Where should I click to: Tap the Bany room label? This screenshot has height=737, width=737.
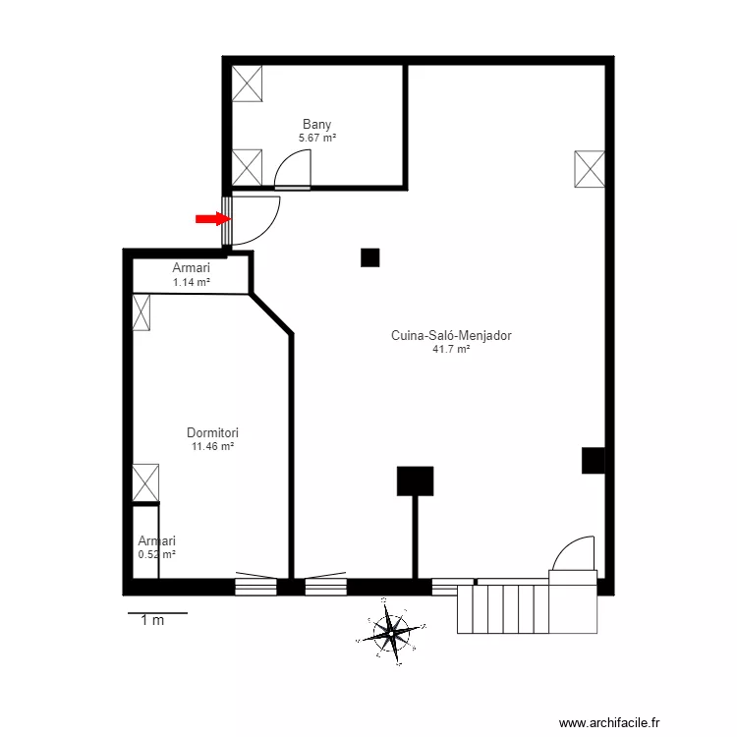[x=316, y=124]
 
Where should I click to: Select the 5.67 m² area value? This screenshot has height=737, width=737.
[x=317, y=139]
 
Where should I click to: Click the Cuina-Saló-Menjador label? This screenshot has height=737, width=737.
[x=451, y=335]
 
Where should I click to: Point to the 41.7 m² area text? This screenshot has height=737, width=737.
[x=451, y=349]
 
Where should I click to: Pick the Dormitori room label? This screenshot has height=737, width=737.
[x=213, y=432]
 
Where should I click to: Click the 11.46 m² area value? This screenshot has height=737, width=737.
[x=213, y=446]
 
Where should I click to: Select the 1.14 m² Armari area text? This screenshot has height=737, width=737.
[x=192, y=282]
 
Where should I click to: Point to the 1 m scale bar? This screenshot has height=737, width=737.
[x=157, y=613]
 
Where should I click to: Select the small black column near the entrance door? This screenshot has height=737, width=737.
[x=369, y=257]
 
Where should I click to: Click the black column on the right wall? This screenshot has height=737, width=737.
[x=593, y=460]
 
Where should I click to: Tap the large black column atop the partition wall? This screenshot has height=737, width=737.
[x=415, y=481]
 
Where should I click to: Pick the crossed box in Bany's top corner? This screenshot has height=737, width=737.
[x=248, y=83]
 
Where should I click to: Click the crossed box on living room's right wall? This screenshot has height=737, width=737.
[x=590, y=169]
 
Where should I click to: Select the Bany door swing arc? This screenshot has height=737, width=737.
[x=292, y=172]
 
